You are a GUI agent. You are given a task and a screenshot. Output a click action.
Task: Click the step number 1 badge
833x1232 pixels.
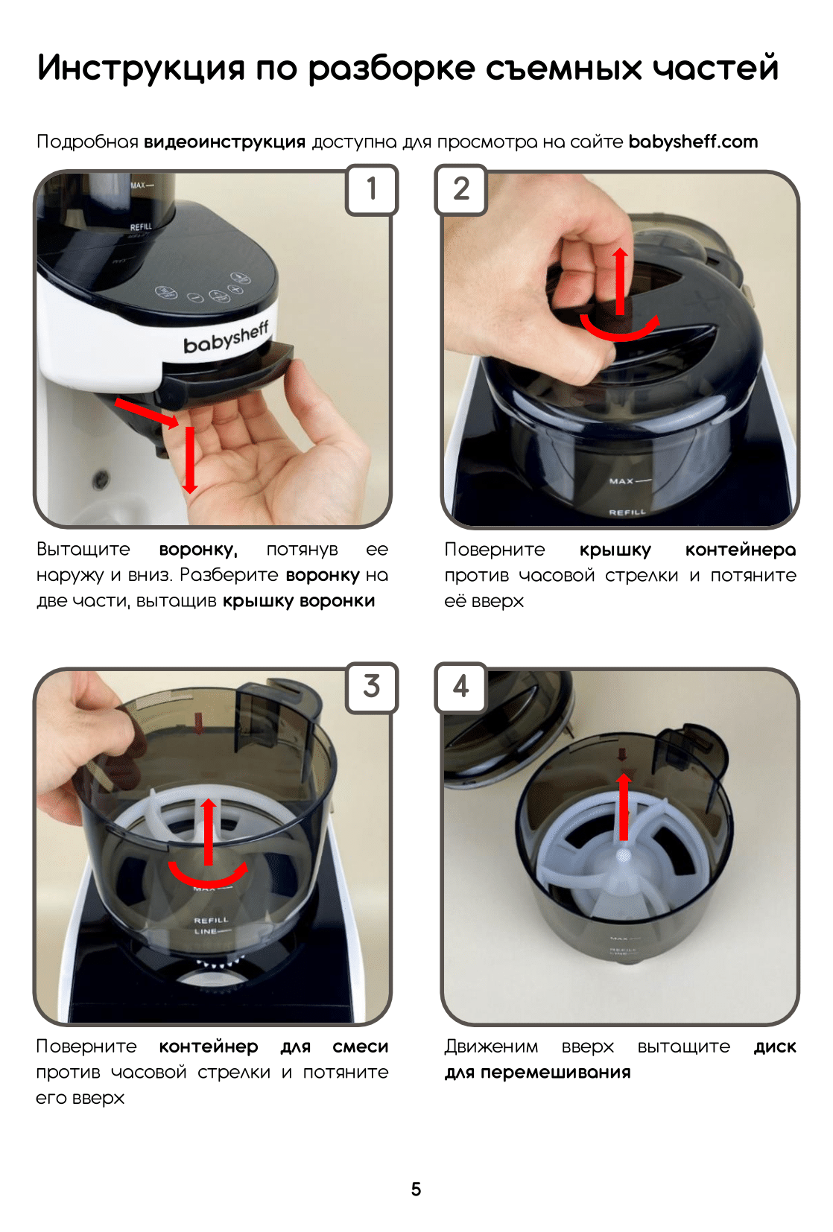[371, 189]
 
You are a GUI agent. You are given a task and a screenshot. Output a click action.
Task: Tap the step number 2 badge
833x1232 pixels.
[461, 189]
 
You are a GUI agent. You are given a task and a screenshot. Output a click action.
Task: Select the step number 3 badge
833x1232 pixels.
[371, 687]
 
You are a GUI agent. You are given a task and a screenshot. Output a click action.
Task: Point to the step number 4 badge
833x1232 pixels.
[461, 687]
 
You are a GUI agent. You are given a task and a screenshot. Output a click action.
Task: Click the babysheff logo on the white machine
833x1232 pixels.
[226, 337]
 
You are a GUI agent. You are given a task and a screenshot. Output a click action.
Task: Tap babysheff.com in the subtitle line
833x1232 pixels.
[693, 142]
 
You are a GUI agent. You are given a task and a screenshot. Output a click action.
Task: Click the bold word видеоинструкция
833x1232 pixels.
[224, 142]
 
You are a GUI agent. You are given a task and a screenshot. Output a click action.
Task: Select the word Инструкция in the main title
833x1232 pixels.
[141, 69]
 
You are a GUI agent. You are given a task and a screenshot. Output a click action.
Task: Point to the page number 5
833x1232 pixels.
[416, 1189]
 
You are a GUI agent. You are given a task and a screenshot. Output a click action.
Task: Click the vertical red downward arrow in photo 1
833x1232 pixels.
[190, 460]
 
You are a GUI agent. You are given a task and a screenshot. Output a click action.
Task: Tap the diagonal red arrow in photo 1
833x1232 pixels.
[147, 413]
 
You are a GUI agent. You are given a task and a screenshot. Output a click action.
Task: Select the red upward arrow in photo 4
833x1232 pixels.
[624, 806]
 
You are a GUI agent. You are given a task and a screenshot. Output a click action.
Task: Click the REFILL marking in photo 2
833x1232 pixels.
[627, 512]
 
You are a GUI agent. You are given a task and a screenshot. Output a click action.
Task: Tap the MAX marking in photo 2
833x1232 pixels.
[621, 481]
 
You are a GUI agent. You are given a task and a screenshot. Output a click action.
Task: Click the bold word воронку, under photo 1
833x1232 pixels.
[198, 550]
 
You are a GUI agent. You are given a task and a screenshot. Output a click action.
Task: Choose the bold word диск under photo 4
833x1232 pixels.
[775, 1047]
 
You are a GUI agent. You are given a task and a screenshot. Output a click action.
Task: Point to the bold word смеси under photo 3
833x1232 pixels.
[361, 1046]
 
